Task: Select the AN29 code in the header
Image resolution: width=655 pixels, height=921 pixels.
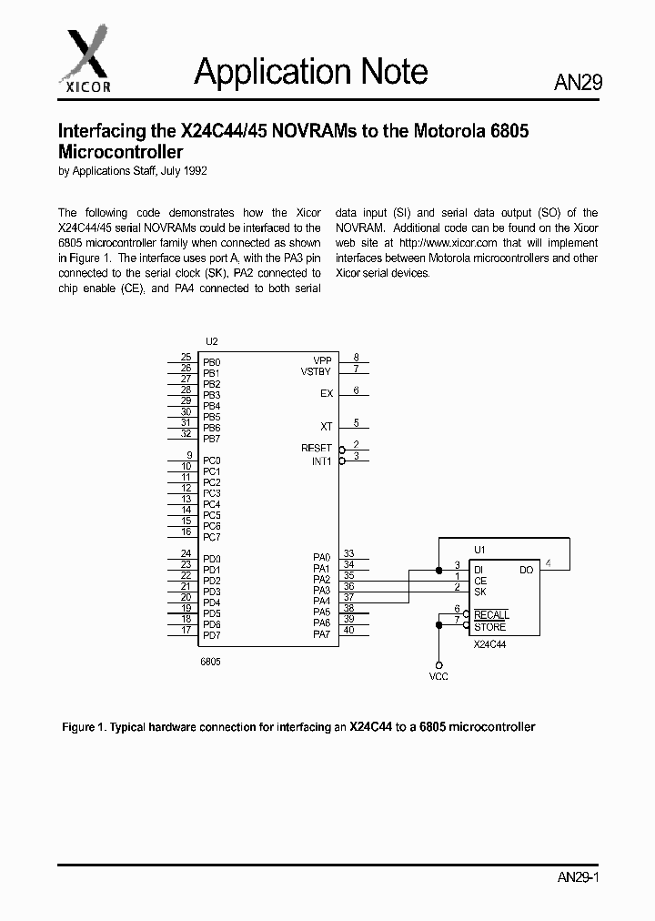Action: (578, 83)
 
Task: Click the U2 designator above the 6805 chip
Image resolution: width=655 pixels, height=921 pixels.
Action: (211, 341)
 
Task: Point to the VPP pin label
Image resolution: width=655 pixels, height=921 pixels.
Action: (322, 360)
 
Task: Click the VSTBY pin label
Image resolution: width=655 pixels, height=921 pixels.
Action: (317, 371)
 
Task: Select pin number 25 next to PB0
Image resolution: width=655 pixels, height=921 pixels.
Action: (186, 358)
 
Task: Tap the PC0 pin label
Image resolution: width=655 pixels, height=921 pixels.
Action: (211, 460)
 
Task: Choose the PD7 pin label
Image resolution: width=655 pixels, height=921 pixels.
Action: (211, 635)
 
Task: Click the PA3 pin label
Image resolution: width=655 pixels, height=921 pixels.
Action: (321, 590)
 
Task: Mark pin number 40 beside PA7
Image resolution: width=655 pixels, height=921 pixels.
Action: (348, 630)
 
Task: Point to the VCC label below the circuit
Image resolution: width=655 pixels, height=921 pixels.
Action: (438, 677)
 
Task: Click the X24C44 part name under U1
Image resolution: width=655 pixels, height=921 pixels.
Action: (490, 644)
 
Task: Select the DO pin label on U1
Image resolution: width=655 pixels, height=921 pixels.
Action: (526, 570)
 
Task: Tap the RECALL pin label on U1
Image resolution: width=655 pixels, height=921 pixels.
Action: (491, 615)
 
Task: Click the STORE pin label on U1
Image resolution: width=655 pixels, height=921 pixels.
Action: (489, 627)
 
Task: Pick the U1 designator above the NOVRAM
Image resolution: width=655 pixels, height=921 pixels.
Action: (479, 550)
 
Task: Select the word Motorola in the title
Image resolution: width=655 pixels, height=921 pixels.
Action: (443, 131)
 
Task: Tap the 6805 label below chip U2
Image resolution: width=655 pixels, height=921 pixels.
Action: (210, 662)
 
